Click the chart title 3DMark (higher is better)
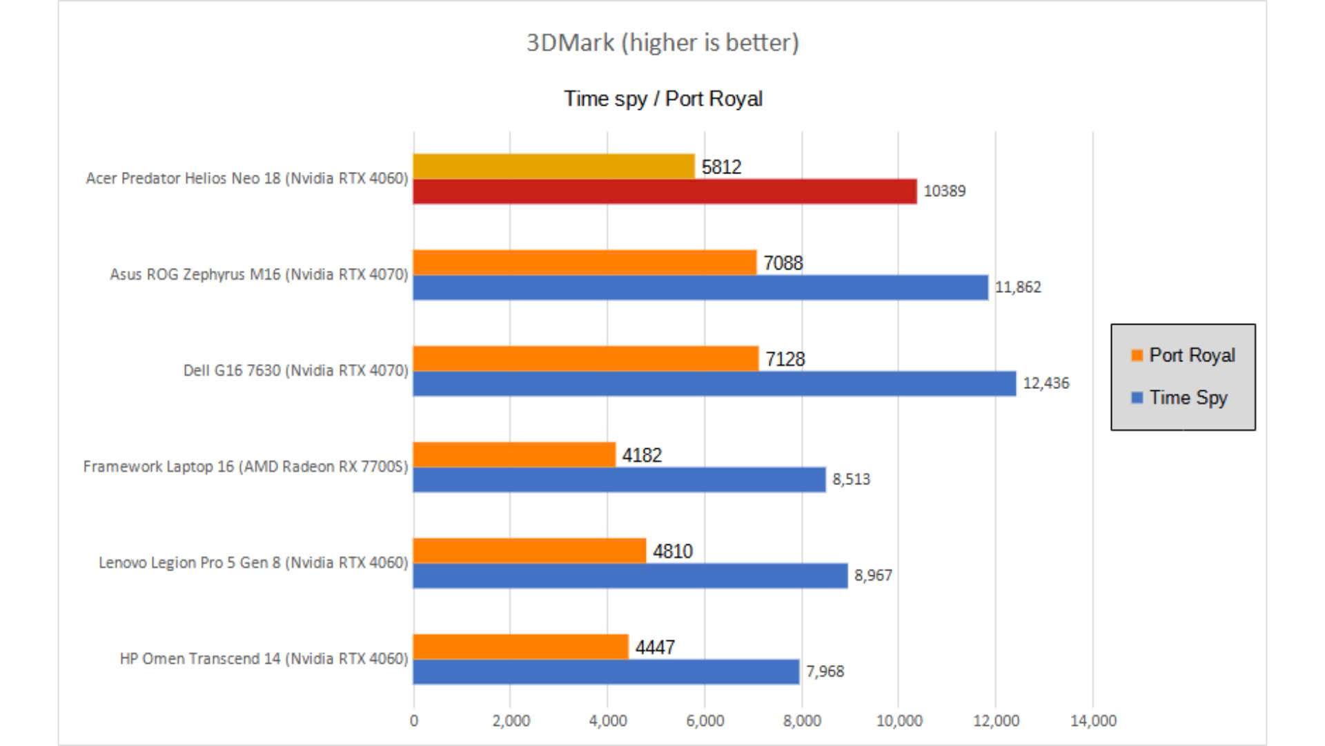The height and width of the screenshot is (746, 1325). pyautogui.click(x=662, y=43)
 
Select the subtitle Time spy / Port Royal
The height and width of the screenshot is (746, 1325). pyautogui.click(x=662, y=99)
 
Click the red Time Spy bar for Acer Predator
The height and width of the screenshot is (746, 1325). pyautogui.click(x=665, y=191)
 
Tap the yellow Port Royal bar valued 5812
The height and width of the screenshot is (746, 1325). pyautogui.click(x=553, y=166)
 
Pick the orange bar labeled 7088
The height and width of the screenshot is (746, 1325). pyautogui.click(x=585, y=262)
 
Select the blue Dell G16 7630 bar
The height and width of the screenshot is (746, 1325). pyautogui.click(x=714, y=383)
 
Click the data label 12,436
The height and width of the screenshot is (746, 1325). pyautogui.click(x=1046, y=383)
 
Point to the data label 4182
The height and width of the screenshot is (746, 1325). pyautogui.click(x=641, y=455)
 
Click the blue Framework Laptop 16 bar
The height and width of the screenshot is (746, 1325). pyautogui.click(x=619, y=479)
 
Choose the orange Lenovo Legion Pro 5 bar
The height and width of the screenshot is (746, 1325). pyautogui.click(x=529, y=551)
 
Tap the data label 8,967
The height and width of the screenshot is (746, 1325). pyautogui.click(x=873, y=575)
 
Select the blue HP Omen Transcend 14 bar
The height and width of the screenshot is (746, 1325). pyautogui.click(x=606, y=671)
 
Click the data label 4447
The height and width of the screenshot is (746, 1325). pyautogui.click(x=654, y=647)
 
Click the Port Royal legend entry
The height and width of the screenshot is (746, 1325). pyautogui.click(x=1183, y=355)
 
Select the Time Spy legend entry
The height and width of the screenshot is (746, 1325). pyautogui.click(x=1179, y=398)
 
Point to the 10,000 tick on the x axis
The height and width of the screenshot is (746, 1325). pyautogui.click(x=899, y=720)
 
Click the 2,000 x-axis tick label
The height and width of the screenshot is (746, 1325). pyautogui.click(x=511, y=720)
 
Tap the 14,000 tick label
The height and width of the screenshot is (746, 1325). pyautogui.click(x=1092, y=720)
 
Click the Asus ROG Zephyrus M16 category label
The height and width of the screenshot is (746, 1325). pyautogui.click(x=259, y=274)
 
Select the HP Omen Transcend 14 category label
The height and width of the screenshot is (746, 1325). pyautogui.click(x=264, y=659)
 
